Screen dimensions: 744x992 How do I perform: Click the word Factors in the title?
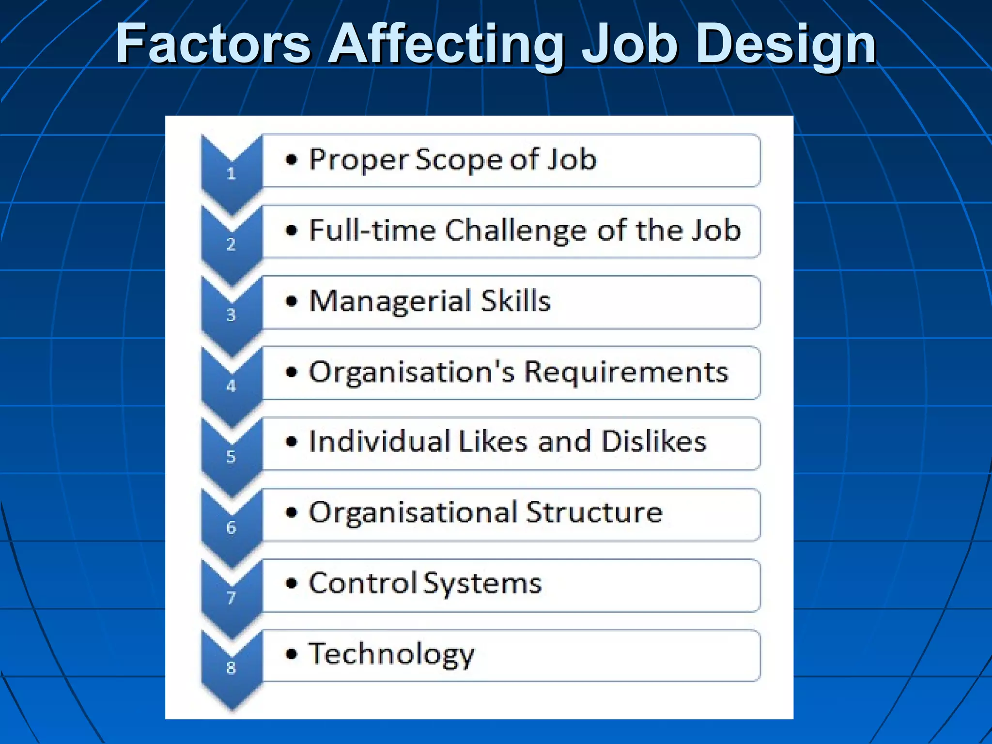[213, 45]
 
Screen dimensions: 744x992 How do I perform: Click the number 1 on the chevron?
[231, 173]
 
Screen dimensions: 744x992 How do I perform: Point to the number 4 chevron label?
[231, 386]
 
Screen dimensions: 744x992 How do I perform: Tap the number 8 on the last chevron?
[231, 668]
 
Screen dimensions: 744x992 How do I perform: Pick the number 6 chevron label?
[231, 527]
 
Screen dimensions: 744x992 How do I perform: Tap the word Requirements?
[626, 372]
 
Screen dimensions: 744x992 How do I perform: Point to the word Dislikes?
[653, 442]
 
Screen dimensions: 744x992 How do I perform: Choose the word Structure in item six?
[594, 512]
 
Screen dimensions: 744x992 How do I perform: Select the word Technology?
[391, 654]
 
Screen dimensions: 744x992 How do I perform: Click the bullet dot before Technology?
[291, 654]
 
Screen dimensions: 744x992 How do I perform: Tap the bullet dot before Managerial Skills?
[291, 301]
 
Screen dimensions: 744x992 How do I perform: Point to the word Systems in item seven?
[482, 584]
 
